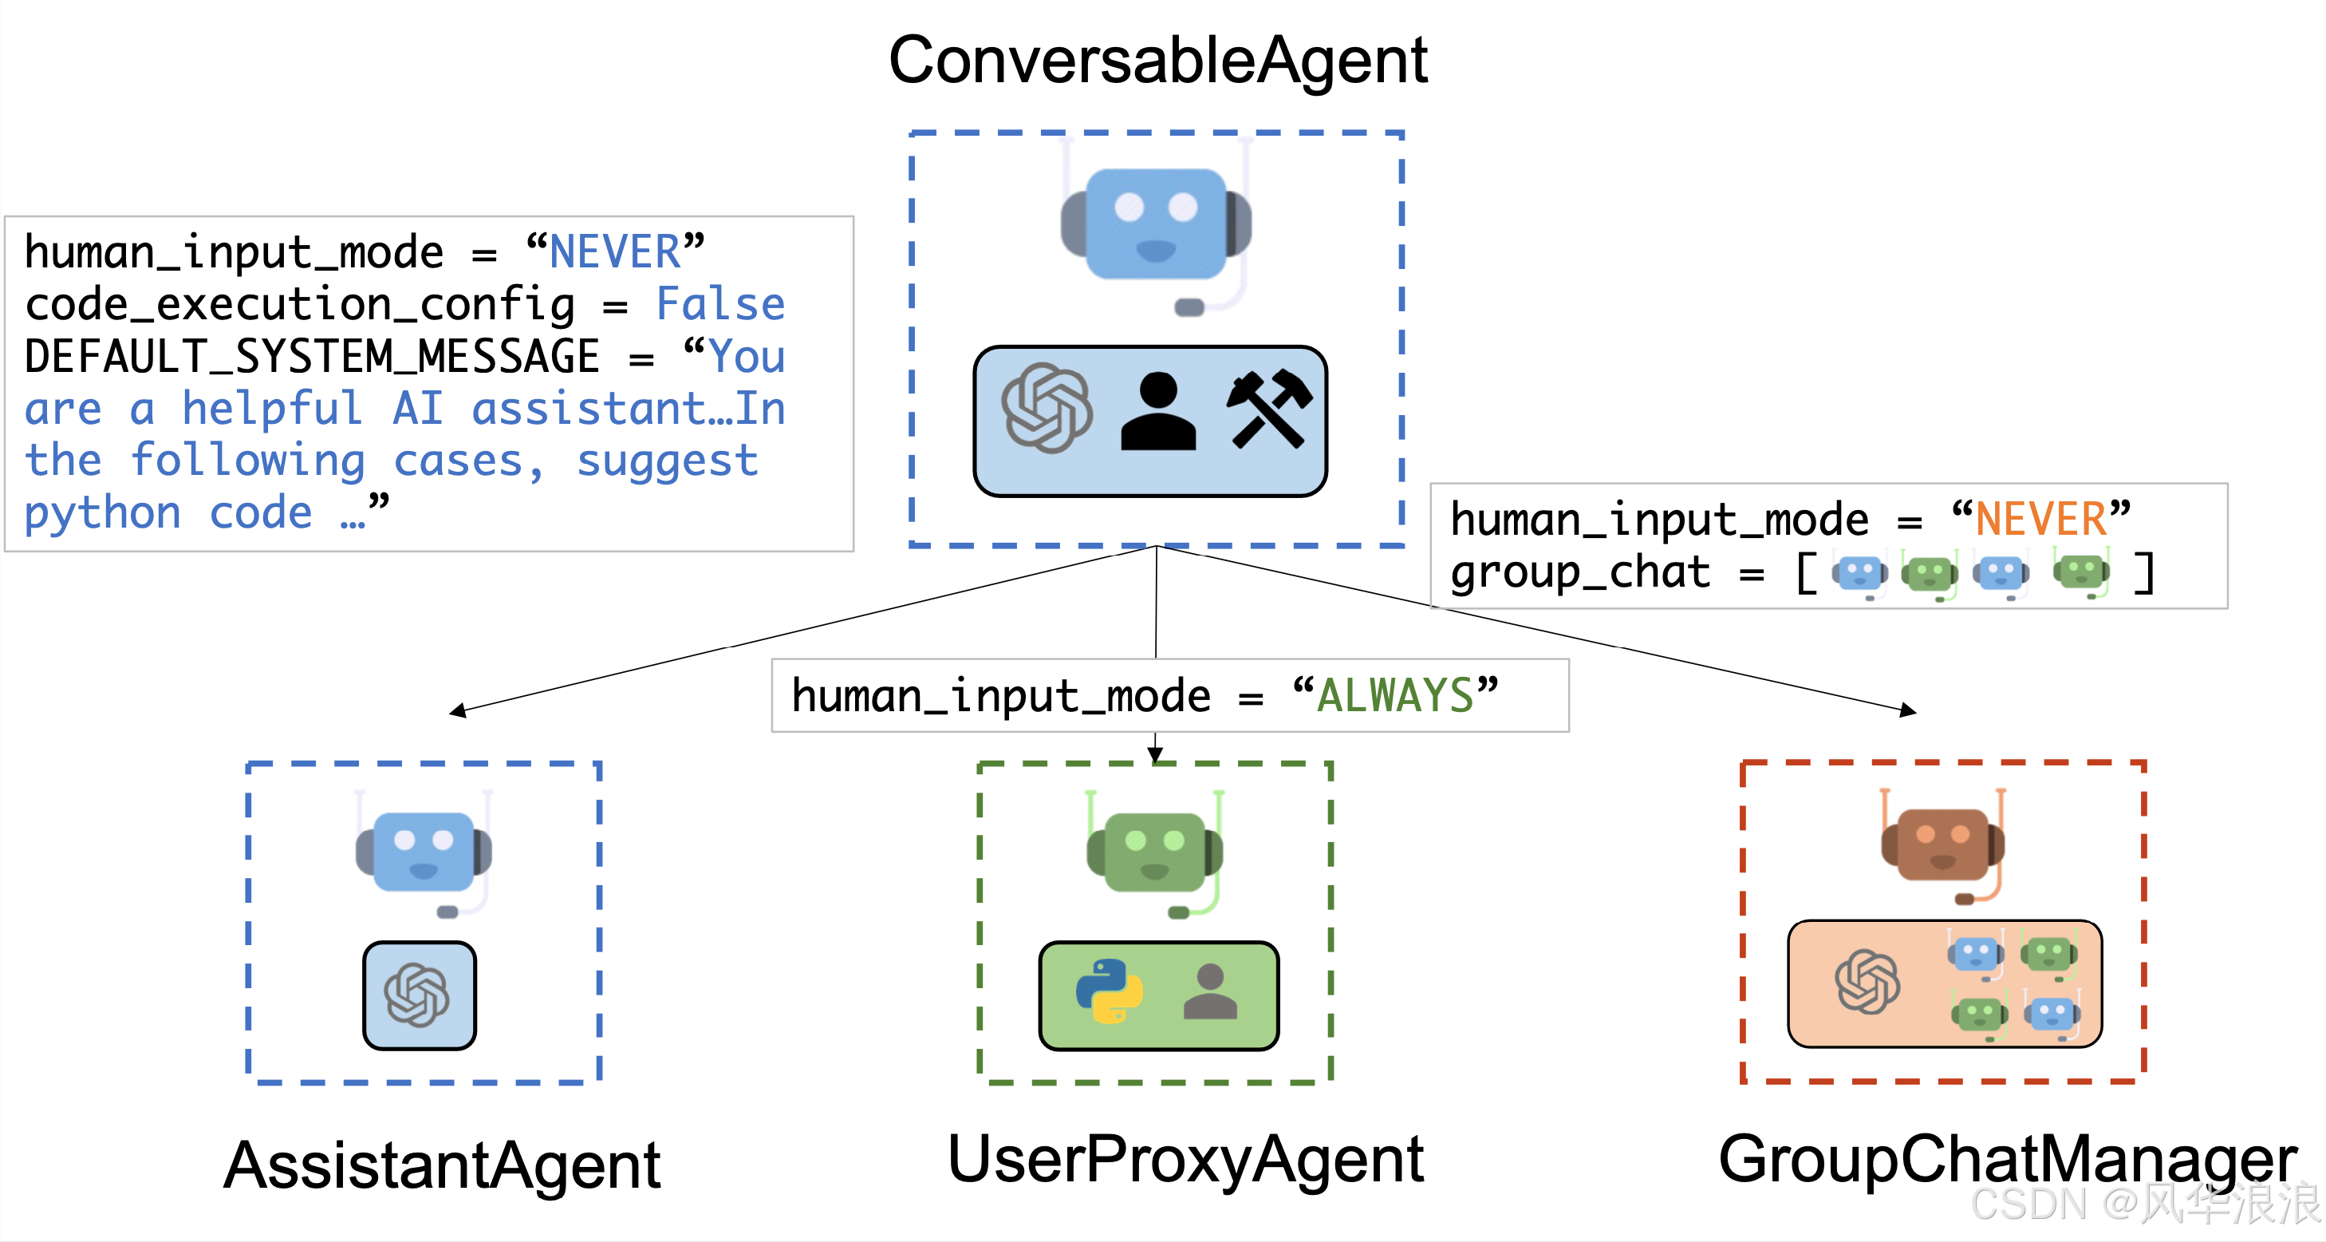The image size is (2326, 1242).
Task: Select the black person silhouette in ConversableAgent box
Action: [1157, 412]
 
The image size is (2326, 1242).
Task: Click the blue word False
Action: [720, 304]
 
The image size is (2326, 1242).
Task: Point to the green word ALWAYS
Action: [1395, 696]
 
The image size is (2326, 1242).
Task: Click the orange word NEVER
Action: [2040, 520]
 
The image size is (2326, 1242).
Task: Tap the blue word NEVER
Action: [615, 252]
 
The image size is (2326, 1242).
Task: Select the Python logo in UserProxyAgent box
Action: [1109, 992]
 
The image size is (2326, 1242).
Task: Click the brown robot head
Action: [1942, 844]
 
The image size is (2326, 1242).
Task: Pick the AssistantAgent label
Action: [443, 1165]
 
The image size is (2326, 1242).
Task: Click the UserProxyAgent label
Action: [1185, 1160]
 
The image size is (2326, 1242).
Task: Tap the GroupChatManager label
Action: [2006, 1160]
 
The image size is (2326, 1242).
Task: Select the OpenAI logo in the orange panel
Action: [1867, 981]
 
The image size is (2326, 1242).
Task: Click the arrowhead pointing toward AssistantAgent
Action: [459, 711]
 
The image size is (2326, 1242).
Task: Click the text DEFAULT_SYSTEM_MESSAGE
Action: [312, 357]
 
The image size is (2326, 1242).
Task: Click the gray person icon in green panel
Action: [1209, 992]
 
